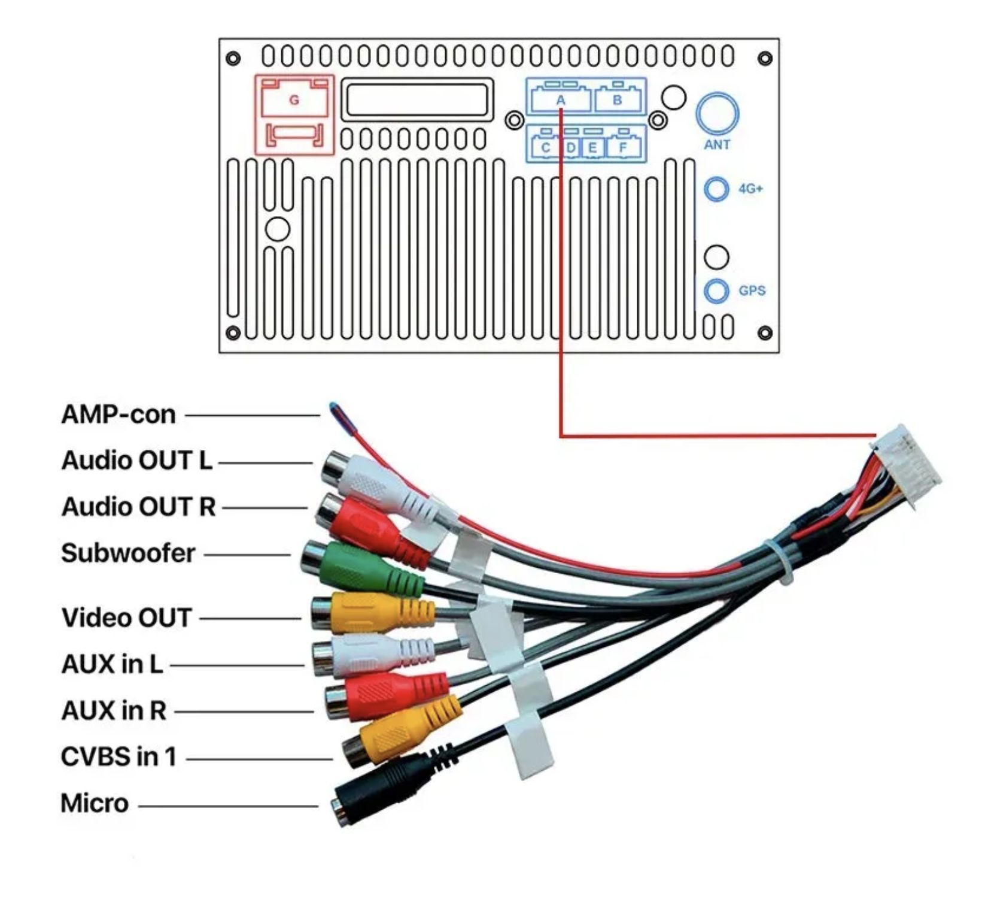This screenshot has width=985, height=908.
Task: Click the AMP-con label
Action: [x=118, y=414]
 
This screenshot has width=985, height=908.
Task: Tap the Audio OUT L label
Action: [x=136, y=461]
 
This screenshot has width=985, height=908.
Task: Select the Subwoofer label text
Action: [x=128, y=553]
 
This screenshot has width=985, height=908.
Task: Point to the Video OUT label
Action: [x=126, y=618]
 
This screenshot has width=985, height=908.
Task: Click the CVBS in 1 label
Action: [x=118, y=757]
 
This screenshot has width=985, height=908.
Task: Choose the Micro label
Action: [x=95, y=804]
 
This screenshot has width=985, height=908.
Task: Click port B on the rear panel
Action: [x=617, y=100]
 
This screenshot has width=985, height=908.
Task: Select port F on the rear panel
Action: [x=623, y=147]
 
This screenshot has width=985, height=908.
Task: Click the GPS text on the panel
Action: [x=752, y=290]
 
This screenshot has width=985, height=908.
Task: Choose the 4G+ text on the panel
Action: [x=750, y=189]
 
